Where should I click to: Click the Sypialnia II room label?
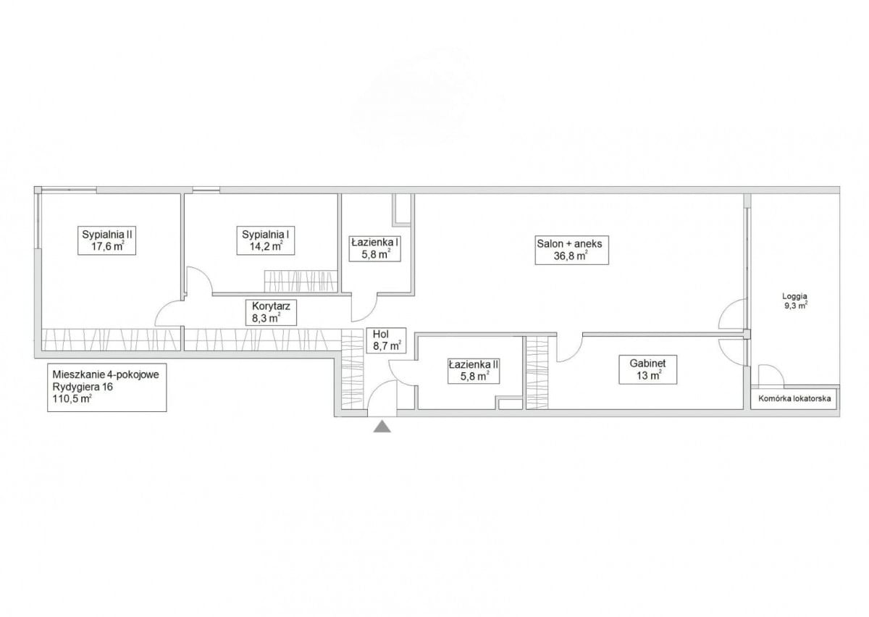(x=106, y=240)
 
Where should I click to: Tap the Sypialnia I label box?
(x=265, y=240)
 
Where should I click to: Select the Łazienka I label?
(x=374, y=248)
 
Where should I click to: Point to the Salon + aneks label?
(x=571, y=250)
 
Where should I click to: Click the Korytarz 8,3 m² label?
(x=271, y=312)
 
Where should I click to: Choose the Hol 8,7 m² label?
(x=386, y=340)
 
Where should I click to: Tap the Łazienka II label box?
(x=474, y=370)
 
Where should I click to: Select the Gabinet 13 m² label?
(x=647, y=369)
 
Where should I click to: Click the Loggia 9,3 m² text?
(x=795, y=301)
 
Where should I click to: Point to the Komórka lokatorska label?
(x=794, y=398)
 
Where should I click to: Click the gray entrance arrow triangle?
(x=382, y=426)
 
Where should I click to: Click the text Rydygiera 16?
(x=83, y=387)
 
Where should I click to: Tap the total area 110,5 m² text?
(x=72, y=399)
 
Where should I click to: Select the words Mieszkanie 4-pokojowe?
(x=106, y=375)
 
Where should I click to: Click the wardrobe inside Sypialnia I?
(x=301, y=281)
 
